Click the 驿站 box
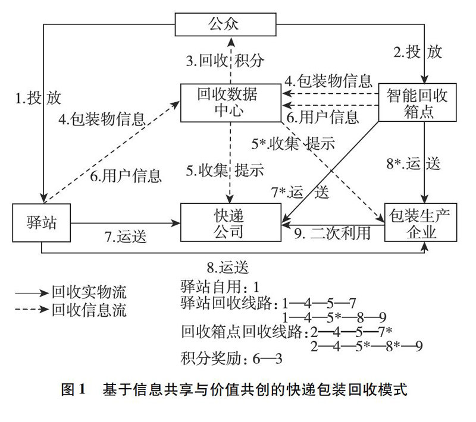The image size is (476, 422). [x=42, y=223]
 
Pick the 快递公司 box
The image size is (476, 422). [x=229, y=223]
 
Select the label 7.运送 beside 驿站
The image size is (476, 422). [x=126, y=236]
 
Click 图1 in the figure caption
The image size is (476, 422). [x=74, y=390]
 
